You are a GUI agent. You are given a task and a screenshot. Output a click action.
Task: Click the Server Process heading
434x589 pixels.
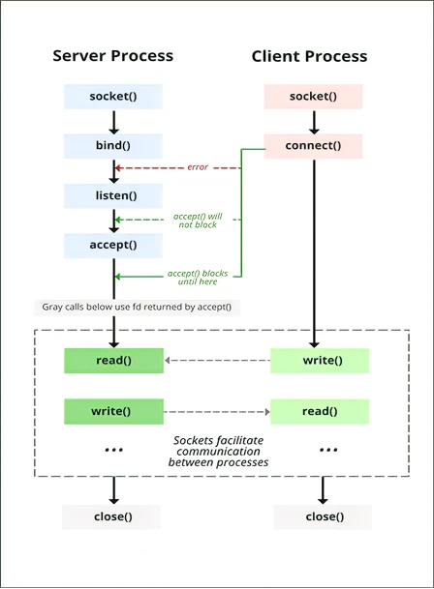pos(113,55)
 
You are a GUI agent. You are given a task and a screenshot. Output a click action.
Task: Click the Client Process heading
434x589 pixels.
pos(309,56)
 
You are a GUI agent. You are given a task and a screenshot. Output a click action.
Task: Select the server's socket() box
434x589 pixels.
pos(113,97)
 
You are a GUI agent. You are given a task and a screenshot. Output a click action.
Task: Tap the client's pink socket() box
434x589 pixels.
pos(313,97)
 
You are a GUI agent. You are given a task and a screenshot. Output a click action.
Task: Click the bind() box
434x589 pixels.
pos(113,146)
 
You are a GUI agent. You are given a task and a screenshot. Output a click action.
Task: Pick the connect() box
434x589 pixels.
pos(313,146)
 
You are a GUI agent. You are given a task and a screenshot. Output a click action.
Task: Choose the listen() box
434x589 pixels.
pos(113,195)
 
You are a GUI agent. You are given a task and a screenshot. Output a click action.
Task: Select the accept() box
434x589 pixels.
pos(113,246)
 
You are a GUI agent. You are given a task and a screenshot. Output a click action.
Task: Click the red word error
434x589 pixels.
pos(198,167)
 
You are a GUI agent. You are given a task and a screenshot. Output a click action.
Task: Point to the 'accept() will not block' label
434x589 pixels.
pos(198,221)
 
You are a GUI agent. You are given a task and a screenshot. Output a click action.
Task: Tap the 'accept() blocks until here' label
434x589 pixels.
pos(198,278)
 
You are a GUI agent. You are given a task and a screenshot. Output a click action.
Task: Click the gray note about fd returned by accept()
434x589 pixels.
pos(137,308)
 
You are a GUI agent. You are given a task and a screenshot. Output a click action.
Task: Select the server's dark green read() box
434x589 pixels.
pos(113,361)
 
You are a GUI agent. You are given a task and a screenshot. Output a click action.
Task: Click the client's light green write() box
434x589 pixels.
pos(320,361)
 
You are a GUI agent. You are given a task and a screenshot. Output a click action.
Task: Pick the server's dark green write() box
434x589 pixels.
pos(113,411)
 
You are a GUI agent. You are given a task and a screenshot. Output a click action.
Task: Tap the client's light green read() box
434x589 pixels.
pos(320,411)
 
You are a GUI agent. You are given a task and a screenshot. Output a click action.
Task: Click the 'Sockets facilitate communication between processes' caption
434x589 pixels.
pos(218,451)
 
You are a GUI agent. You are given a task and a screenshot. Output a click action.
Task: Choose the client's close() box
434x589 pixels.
pos(323,516)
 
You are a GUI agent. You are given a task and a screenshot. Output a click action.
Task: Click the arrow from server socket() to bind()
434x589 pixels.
pos(113,122)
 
